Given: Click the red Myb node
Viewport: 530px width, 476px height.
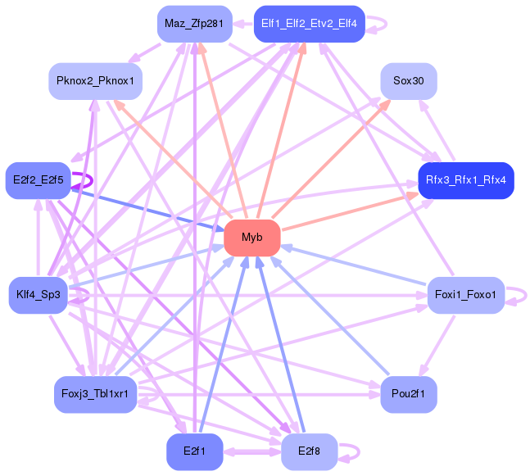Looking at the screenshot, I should (x=252, y=238).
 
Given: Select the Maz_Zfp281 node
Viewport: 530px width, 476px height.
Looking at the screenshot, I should (x=193, y=23).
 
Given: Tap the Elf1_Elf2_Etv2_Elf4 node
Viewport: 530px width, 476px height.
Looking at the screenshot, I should (x=309, y=23).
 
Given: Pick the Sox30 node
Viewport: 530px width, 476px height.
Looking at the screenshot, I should (x=408, y=81).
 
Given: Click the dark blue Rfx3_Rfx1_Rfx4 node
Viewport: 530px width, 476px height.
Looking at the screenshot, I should (x=465, y=179).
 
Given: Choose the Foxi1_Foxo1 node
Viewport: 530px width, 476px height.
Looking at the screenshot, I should (x=465, y=295).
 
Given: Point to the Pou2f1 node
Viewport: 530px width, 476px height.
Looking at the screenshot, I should (x=408, y=395).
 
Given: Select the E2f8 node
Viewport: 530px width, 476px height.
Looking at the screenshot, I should (x=309, y=451).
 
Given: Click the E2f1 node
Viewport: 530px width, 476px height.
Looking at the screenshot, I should (x=194, y=451).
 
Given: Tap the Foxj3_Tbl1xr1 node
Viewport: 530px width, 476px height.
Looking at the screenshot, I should (x=95, y=395).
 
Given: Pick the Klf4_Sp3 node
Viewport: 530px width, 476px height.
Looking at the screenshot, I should (x=38, y=295).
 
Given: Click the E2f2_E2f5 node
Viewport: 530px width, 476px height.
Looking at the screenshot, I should (x=38, y=179).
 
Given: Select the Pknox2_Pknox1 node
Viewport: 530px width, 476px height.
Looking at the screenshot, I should (x=95, y=81).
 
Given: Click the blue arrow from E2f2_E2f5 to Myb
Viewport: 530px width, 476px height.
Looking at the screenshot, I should (x=147, y=208).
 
